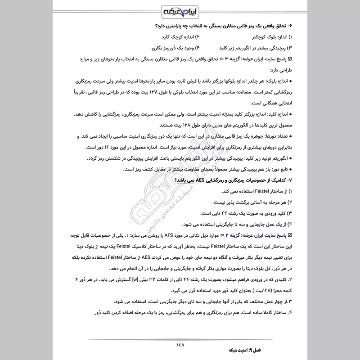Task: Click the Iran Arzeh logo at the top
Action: coord(179,10)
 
